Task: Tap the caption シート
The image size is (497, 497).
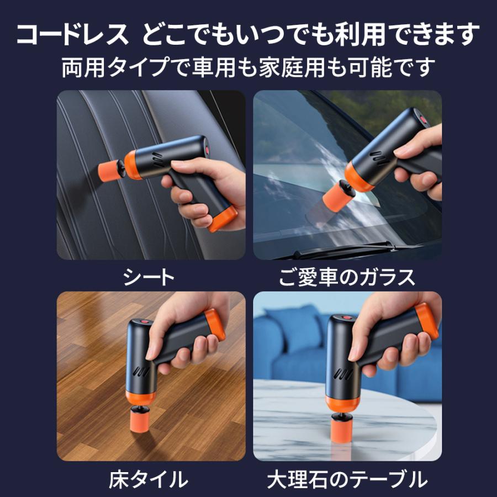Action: pos(150,277)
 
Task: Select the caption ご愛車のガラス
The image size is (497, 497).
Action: pos(347,277)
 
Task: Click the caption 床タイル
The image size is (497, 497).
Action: pos(150,478)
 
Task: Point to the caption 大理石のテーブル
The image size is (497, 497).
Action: pos(347,478)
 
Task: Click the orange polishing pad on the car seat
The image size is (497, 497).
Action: pos(107,168)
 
